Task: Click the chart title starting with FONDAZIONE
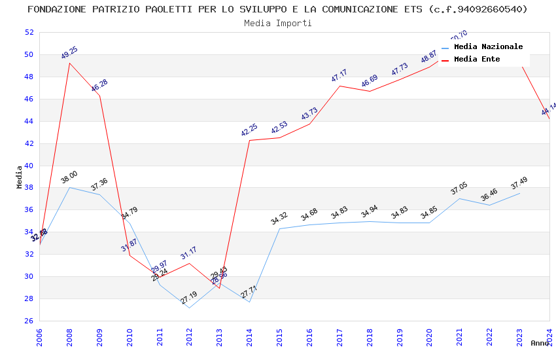click(x=278, y=9)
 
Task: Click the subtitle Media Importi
click(x=278, y=23)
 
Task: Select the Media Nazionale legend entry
click(x=488, y=46)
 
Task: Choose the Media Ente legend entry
click(x=477, y=59)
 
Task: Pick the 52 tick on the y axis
click(x=29, y=32)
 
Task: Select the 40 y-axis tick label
click(x=29, y=166)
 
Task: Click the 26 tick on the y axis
click(x=29, y=321)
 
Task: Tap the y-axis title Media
click(x=20, y=177)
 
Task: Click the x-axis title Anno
click(x=540, y=343)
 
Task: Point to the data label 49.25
click(x=69, y=53)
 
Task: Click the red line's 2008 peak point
click(x=69, y=63)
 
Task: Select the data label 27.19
click(x=189, y=297)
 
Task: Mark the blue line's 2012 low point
click(x=190, y=308)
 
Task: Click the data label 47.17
click(x=339, y=75)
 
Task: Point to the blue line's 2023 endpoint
click(x=519, y=193)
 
